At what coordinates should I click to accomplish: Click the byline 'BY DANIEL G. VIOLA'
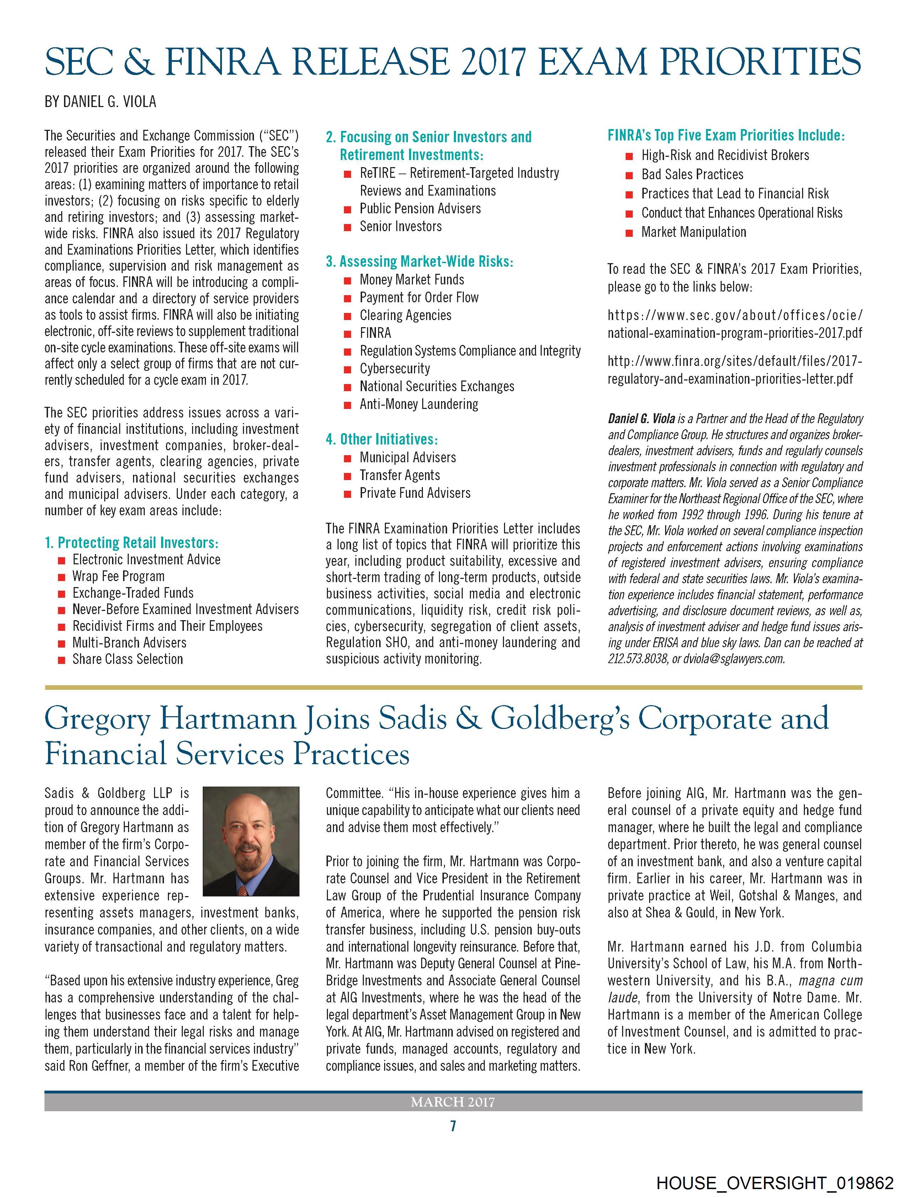tap(100, 102)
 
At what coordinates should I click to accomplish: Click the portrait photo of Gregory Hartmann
tap(250, 841)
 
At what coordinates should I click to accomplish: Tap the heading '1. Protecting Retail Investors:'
tap(132, 542)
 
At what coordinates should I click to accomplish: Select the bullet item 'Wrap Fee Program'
tap(118, 576)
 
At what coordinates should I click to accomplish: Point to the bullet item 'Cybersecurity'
tap(394, 368)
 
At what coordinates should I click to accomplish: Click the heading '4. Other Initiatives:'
tap(381, 439)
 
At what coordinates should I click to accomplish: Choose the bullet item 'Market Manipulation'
tap(694, 232)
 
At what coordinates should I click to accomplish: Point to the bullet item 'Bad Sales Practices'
tap(692, 174)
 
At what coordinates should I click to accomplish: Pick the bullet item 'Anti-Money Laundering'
tap(419, 404)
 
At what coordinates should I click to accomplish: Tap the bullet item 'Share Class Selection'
tap(127, 659)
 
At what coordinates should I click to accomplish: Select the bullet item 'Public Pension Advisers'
tap(420, 208)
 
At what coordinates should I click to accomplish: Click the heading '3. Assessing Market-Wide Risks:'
tap(419, 262)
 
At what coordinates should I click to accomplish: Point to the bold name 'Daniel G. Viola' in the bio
tap(642, 419)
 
